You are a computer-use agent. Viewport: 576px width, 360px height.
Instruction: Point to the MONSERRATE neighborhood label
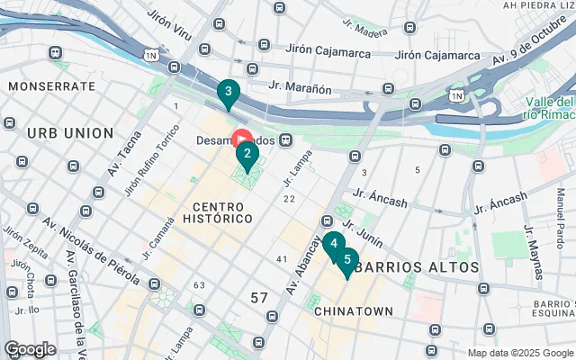pyautogui.click(x=51, y=86)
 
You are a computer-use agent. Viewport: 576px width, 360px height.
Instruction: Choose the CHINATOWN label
pyautogui.click(x=354, y=310)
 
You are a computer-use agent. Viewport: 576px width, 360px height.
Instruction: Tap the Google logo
pyautogui.click(x=30, y=348)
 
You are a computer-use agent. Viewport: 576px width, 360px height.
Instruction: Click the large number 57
pyautogui.click(x=260, y=298)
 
